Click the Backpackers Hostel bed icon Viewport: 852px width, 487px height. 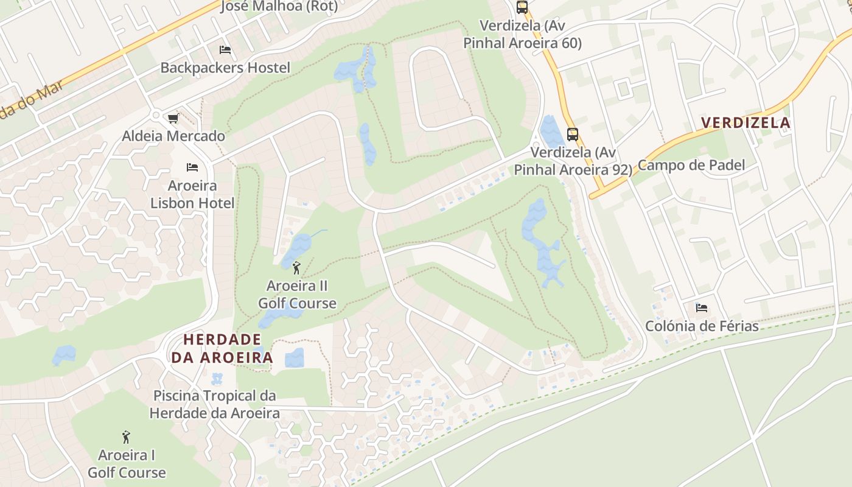pyautogui.click(x=225, y=50)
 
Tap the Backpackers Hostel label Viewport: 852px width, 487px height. pyautogui.click(x=225, y=68)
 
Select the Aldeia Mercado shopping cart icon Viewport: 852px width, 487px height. pyautogui.click(x=173, y=118)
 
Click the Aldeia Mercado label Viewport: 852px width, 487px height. pyautogui.click(x=173, y=136)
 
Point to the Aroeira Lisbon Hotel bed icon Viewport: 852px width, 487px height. pyautogui.click(x=192, y=167)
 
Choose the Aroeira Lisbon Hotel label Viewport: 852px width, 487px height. pyautogui.click(x=192, y=194)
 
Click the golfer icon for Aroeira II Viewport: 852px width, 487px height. pyautogui.click(x=296, y=267)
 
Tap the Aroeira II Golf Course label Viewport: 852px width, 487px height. pyautogui.click(x=297, y=294)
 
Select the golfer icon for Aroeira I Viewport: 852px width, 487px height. pyautogui.click(x=126, y=437)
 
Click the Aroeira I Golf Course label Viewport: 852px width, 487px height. pyautogui.click(x=127, y=464)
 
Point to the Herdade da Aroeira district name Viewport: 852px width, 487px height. pyautogui.click(x=222, y=348)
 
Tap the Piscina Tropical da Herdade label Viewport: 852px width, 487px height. pyautogui.click(x=214, y=404)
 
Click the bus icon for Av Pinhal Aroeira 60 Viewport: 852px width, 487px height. pyautogui.click(x=522, y=7)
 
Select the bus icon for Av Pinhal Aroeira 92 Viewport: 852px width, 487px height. pyautogui.click(x=572, y=135)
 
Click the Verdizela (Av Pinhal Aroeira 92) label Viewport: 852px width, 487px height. pyautogui.click(x=573, y=161)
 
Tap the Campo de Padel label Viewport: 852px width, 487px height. pyautogui.click(x=691, y=165)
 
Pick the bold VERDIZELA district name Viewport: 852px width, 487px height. pyautogui.click(x=745, y=123)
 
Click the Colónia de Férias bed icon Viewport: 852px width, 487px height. pyautogui.click(x=702, y=308)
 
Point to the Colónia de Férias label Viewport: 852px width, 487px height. pyautogui.click(x=702, y=326)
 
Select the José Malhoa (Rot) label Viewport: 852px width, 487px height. pyautogui.click(x=279, y=6)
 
